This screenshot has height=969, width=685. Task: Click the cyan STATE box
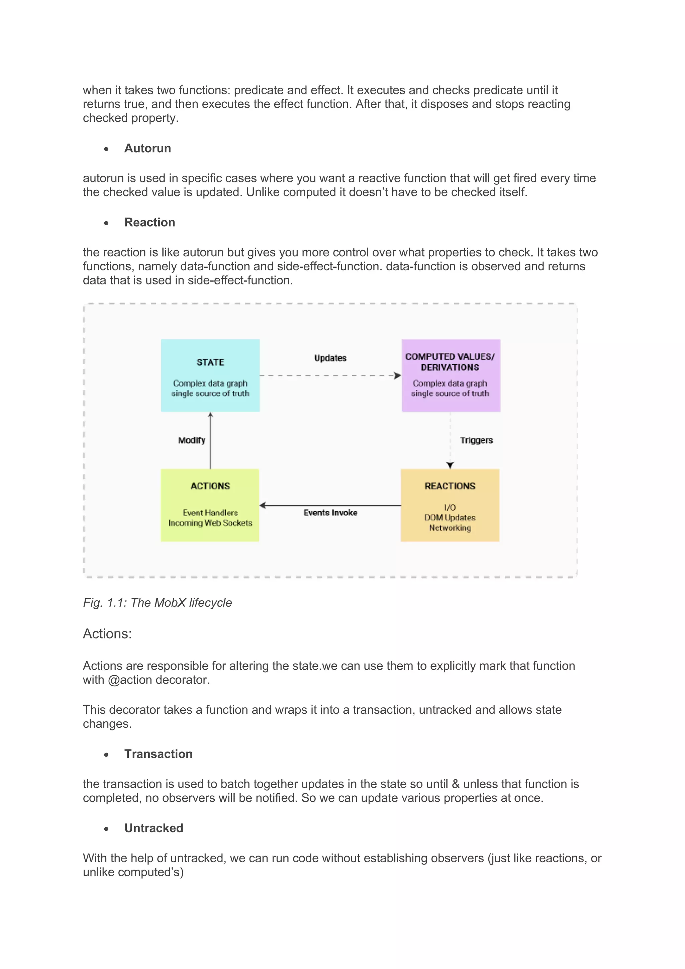click(210, 375)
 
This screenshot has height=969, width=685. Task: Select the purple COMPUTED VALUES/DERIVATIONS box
click(451, 375)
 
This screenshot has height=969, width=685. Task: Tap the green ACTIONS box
click(210, 505)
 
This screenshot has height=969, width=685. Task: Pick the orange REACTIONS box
click(450, 505)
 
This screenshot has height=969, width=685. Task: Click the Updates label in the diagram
click(330, 358)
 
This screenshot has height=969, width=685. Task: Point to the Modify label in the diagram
click(192, 440)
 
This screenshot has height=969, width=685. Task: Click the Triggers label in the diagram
click(476, 440)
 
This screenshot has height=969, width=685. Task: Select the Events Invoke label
click(330, 513)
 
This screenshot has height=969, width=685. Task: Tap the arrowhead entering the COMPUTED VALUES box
click(398, 376)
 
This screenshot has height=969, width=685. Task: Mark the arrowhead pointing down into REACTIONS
click(450, 465)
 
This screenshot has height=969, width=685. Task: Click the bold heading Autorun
click(148, 149)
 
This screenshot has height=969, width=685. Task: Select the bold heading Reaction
click(150, 223)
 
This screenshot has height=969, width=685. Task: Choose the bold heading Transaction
click(158, 754)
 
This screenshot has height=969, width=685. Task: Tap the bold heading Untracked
click(154, 828)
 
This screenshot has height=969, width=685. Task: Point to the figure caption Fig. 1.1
click(157, 603)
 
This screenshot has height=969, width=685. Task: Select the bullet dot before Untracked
click(106, 829)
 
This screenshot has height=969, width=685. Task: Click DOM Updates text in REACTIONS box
click(450, 517)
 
